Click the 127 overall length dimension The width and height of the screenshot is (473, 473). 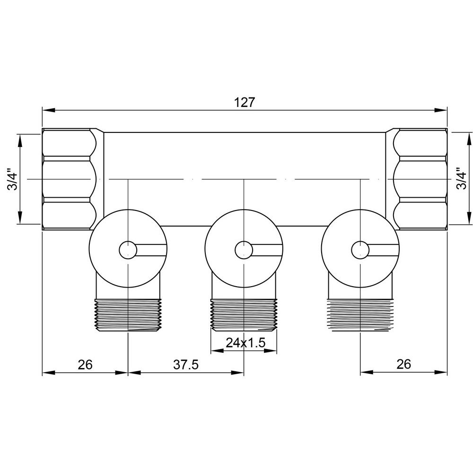[x=245, y=102]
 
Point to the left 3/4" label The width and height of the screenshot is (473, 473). [x=12, y=180]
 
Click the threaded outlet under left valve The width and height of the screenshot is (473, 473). [x=128, y=316]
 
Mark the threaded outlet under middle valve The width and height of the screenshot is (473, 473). [x=243, y=316]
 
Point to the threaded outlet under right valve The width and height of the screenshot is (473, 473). [x=360, y=316]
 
